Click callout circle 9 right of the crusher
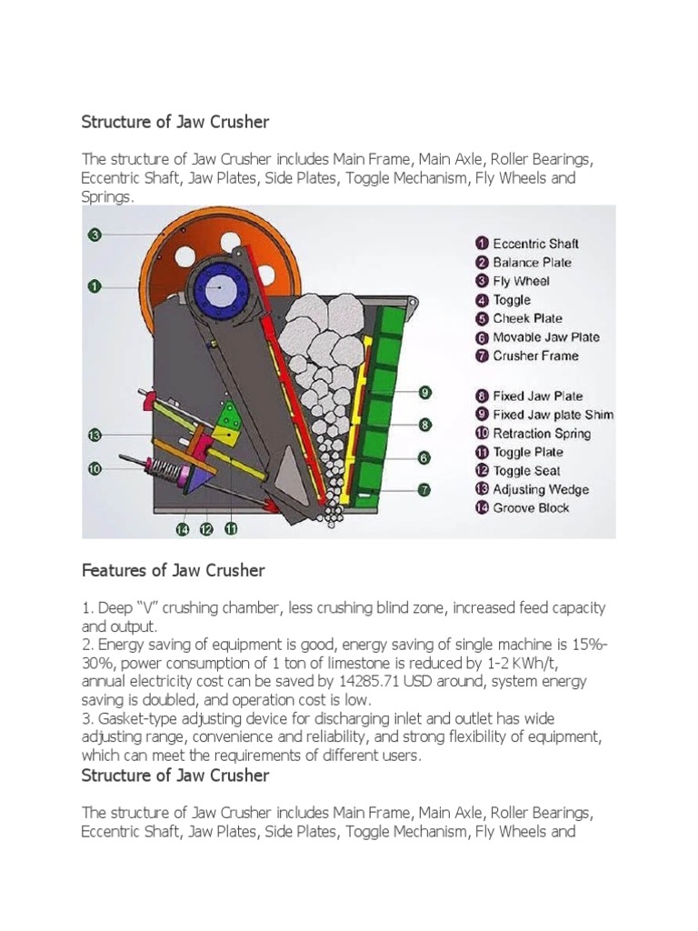coord(424,393)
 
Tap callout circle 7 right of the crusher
coord(424,490)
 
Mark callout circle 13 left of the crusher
coord(94,435)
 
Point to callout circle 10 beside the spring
coord(94,469)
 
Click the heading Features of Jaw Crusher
coord(173,571)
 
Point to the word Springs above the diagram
coord(106,197)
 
